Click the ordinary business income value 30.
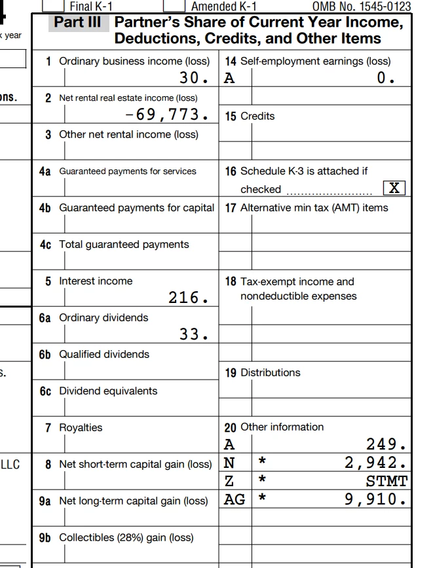195,79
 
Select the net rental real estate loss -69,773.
168,115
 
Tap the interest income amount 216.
189,298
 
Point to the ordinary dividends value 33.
195,335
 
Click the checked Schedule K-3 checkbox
394,188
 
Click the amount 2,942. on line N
377,463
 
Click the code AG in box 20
235,501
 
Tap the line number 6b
45,355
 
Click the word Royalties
81,428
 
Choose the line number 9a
45,501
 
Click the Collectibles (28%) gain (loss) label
126,538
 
